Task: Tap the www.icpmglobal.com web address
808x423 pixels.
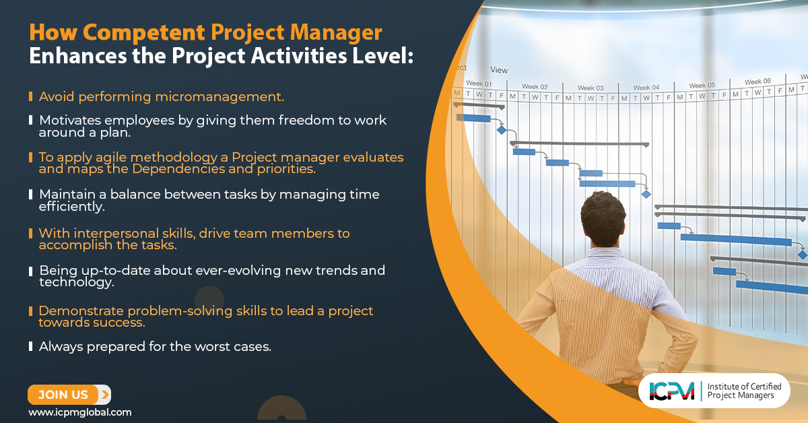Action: (x=79, y=412)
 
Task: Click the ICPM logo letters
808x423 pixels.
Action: (x=671, y=391)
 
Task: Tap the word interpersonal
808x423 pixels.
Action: (x=128, y=233)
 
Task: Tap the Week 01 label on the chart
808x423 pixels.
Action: (x=479, y=83)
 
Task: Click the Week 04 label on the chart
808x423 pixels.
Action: (x=646, y=88)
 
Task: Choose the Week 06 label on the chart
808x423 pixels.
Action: (x=757, y=82)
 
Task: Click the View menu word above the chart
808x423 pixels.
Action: (x=499, y=70)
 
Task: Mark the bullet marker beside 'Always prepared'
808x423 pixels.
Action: (x=31, y=347)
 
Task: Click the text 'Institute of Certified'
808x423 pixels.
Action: (x=744, y=387)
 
